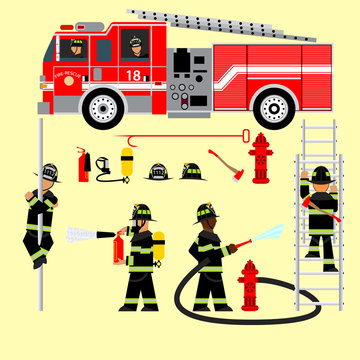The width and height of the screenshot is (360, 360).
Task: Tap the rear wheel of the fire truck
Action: click(x=273, y=108)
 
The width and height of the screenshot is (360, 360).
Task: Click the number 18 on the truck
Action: click(x=133, y=75)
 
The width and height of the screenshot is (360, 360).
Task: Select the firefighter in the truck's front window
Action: click(x=77, y=47)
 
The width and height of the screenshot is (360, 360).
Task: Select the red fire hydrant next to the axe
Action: click(x=261, y=159)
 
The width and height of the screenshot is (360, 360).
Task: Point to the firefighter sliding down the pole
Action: click(x=41, y=215)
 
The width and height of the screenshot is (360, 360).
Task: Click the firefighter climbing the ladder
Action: click(x=320, y=215)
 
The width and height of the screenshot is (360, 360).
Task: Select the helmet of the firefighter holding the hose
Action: click(x=206, y=211)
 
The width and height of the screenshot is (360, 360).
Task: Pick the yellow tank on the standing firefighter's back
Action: click(x=157, y=250)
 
